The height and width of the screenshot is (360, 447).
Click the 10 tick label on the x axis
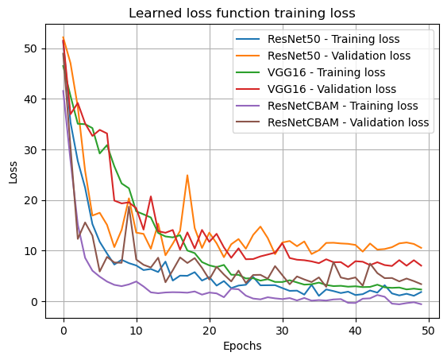(137, 331)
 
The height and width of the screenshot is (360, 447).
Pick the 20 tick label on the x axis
(210, 331)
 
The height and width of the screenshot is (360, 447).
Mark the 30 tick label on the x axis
(283, 331)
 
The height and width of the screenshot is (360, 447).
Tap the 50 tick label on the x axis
(428, 331)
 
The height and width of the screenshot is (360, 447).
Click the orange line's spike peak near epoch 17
(187, 176)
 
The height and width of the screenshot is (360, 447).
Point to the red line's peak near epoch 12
(151, 196)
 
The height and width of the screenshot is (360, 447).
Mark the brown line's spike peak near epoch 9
(129, 207)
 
